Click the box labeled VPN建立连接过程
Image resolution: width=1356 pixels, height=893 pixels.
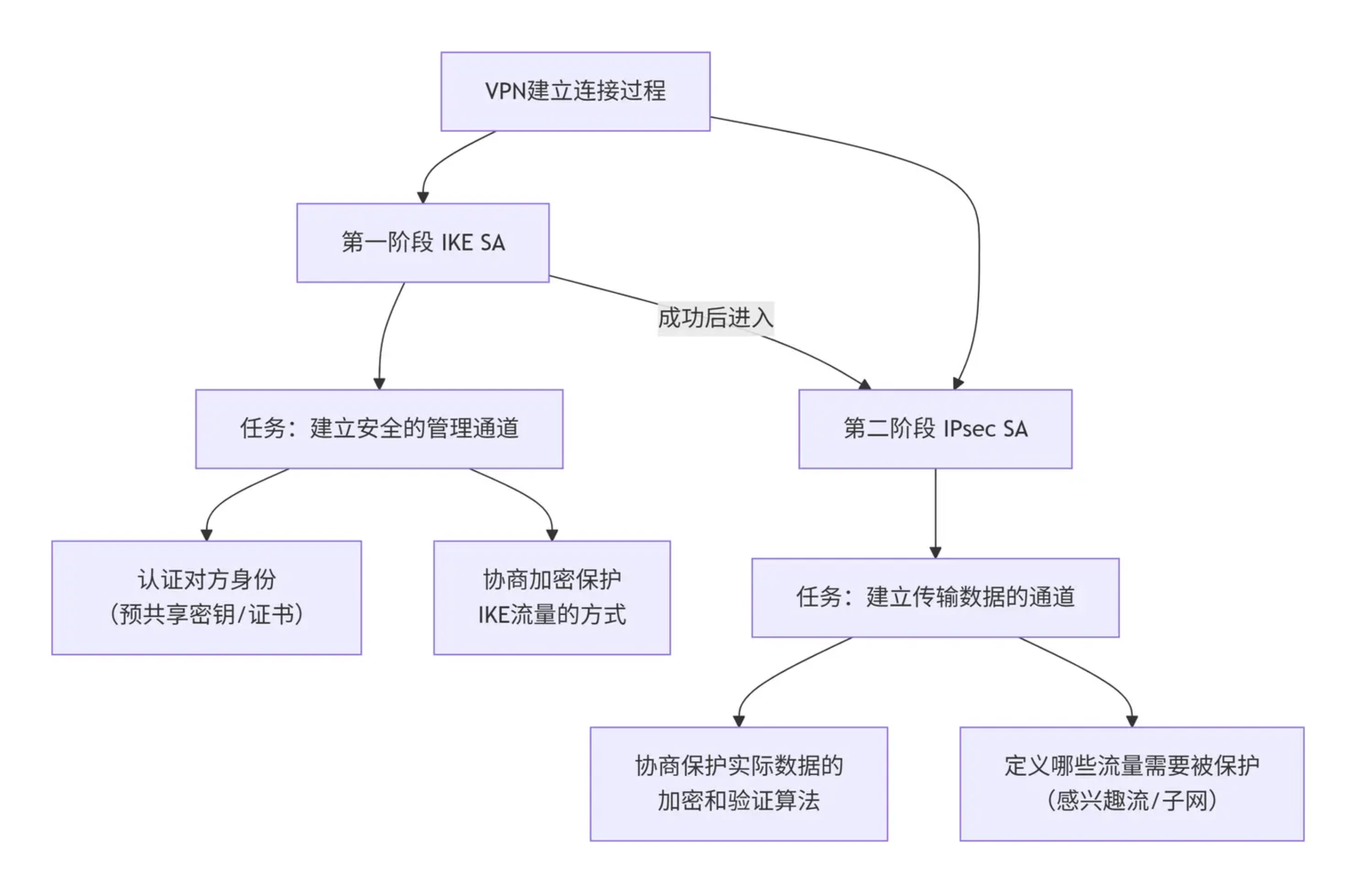point(575,91)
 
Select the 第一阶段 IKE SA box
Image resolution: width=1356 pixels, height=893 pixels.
point(423,243)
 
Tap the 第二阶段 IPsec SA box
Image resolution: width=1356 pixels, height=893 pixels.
point(935,429)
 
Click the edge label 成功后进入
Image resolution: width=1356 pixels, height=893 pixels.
point(716,318)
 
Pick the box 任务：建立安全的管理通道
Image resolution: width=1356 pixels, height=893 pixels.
point(379,429)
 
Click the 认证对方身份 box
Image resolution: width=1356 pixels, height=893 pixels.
point(206,598)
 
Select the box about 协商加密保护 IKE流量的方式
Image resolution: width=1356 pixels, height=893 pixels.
point(552,598)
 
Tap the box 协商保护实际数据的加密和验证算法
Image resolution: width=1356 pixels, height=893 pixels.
point(738,784)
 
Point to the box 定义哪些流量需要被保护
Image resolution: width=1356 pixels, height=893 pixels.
point(1131,784)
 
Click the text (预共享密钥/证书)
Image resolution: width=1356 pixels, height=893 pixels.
point(206,615)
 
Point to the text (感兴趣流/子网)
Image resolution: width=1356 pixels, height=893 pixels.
point(1131,801)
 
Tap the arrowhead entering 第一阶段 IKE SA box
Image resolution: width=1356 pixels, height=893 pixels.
point(423,197)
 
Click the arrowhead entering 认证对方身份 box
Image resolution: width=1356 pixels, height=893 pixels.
point(206,535)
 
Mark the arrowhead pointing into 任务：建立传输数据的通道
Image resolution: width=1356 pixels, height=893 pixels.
point(935,552)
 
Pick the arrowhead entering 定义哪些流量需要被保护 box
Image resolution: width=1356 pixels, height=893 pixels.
point(1131,721)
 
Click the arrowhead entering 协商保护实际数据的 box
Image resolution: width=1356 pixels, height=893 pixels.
point(738,721)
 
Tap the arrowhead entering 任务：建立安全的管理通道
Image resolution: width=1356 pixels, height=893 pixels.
point(379,383)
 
